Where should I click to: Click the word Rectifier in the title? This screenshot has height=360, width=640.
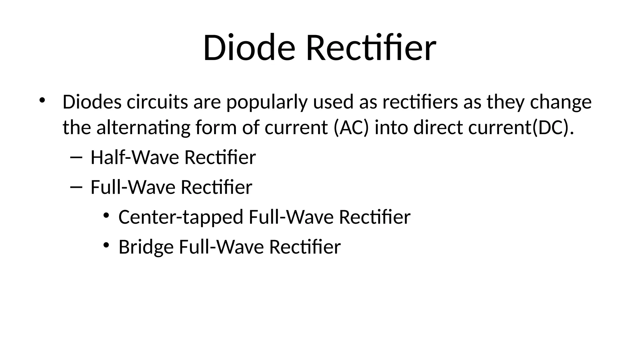click(371, 48)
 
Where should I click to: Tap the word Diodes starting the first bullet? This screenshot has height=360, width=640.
click(92, 102)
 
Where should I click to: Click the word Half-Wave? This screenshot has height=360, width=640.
click(135, 157)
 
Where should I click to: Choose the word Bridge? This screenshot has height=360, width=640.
click(146, 247)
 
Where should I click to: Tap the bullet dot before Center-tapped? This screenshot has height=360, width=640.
click(106, 215)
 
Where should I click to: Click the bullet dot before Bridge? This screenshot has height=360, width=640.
click(106, 245)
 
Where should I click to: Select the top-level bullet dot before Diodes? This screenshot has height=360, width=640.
click(42, 100)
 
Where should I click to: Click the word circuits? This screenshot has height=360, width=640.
click(157, 102)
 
